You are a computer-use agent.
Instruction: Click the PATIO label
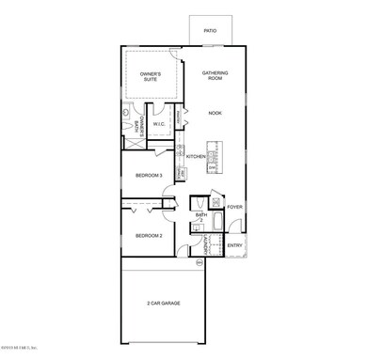coord(210,31)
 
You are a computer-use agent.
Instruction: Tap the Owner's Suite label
coord(150,76)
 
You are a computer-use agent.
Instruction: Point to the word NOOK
coord(215,112)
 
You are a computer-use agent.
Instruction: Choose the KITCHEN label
coord(196,156)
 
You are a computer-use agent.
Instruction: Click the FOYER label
coord(234,207)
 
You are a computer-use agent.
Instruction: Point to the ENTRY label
coord(234,245)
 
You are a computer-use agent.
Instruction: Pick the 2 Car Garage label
coord(164,303)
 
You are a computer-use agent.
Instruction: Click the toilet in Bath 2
coord(198,203)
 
